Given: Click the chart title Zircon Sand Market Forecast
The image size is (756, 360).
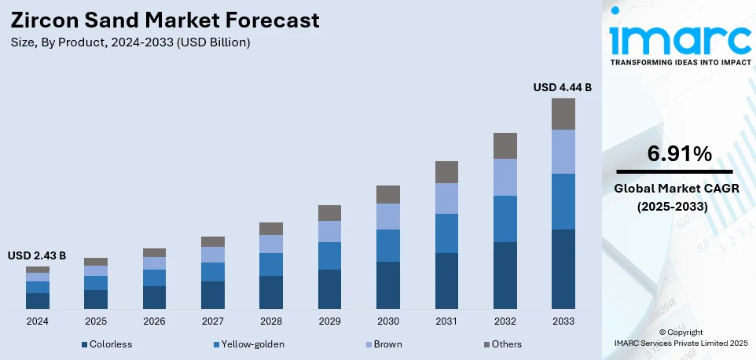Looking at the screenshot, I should [165, 19].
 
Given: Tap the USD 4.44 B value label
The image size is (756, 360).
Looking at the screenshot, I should [562, 87].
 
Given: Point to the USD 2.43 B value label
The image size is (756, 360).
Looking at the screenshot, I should [37, 255].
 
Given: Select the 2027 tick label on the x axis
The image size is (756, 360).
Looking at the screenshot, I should [212, 321].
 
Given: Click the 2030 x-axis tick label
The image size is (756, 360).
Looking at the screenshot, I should [388, 321].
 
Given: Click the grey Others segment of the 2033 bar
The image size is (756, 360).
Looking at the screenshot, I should [563, 114].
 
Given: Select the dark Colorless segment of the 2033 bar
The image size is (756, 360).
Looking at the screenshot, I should [563, 269].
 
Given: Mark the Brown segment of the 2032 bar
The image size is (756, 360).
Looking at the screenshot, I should [505, 177].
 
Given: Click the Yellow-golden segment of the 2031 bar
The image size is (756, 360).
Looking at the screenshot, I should [446, 233].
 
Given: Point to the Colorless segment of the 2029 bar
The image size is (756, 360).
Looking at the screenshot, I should [329, 288].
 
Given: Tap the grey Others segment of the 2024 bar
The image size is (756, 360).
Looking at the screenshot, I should [37, 270].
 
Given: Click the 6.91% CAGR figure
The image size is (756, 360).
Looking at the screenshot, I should [674, 155].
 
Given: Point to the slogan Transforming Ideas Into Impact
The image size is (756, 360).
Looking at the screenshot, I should [681, 61].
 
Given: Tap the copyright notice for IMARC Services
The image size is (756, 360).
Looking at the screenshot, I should [681, 337].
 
